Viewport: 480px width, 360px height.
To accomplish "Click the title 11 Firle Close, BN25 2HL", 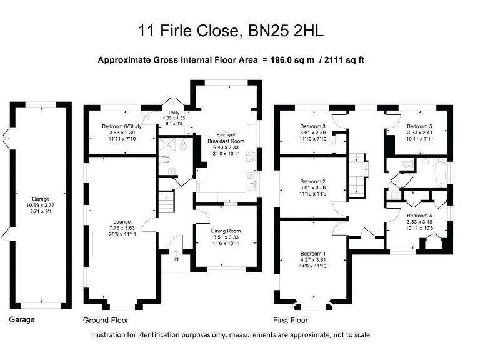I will pos(239,30).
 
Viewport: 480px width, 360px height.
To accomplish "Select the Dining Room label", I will pos(226,231).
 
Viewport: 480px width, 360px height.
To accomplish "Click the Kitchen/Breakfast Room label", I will pos(226,138).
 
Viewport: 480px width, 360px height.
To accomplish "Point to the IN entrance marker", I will pos(176,258).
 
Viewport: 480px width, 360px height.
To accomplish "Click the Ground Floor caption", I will pos(106,320).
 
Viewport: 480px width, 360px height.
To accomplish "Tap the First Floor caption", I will pos(291,320).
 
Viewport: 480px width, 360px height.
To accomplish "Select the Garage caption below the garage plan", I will pos(22,319).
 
